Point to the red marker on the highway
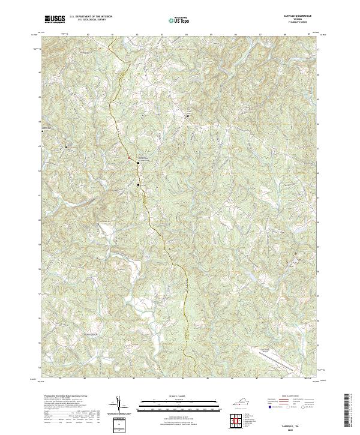(x=128, y=158)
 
